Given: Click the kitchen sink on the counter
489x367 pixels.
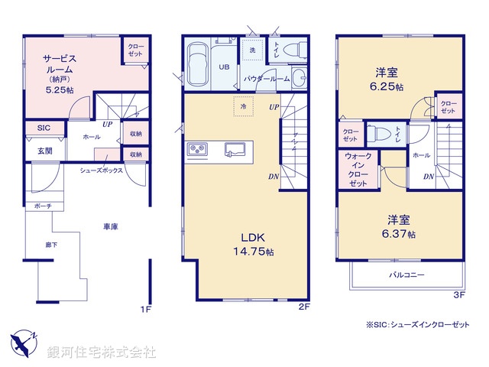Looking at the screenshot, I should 233,148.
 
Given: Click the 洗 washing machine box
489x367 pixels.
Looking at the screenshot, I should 251,50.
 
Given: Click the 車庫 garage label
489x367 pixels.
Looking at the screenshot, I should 110,226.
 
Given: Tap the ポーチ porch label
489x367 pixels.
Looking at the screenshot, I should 42,206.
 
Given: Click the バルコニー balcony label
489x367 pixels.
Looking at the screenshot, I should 406,274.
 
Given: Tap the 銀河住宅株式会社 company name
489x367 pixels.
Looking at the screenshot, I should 102,352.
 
